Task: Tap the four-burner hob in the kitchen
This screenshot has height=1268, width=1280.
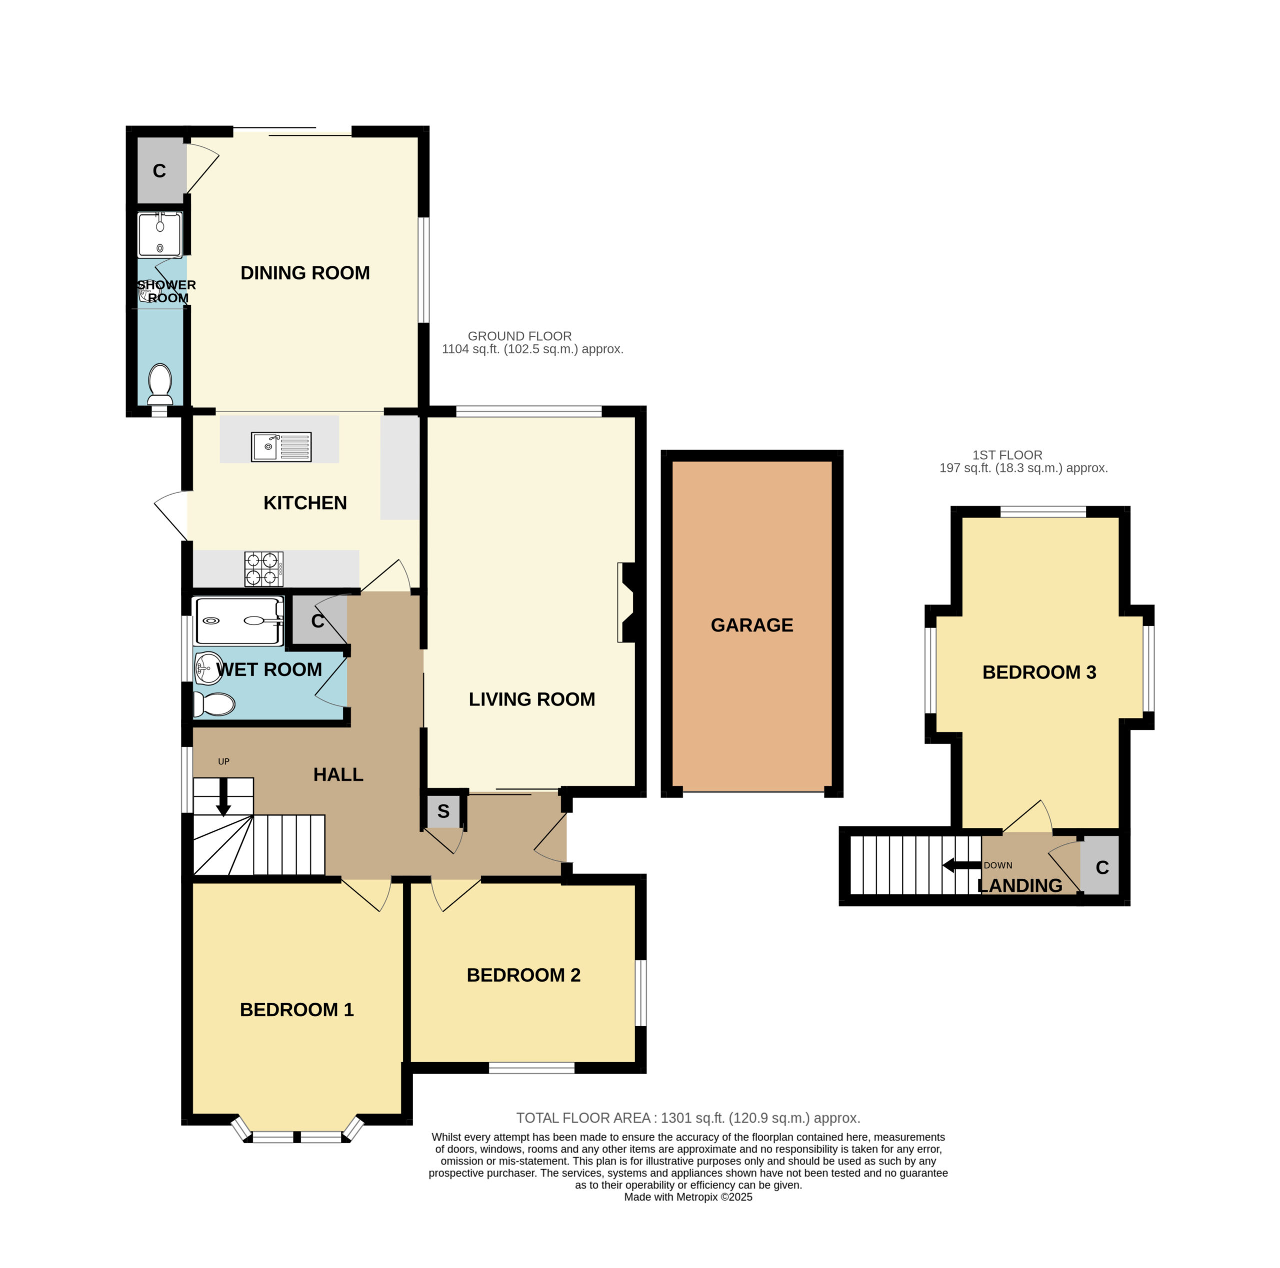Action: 263,569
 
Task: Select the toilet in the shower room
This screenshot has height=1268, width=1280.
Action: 159,384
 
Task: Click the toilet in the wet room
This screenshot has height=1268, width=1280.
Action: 213,704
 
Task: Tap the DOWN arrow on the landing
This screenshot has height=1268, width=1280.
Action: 962,865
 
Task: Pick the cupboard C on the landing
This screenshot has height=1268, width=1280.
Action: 1101,867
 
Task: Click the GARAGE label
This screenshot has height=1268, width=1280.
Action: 751,625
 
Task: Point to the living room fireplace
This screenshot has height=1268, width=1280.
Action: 625,602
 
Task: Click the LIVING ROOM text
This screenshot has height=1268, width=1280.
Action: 531,699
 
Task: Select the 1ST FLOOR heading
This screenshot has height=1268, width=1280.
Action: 1007,455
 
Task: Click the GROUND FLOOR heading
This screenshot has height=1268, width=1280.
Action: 519,336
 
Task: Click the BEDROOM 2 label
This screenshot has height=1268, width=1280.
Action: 523,975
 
